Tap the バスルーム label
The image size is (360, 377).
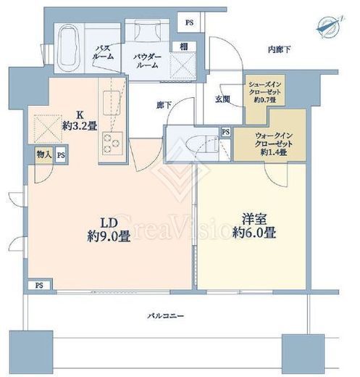104,54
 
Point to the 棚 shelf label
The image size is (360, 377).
184,46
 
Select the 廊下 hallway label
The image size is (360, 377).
164,105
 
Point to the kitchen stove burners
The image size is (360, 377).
112,142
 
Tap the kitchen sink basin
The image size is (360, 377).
112,98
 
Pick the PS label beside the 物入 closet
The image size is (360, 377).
62,154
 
